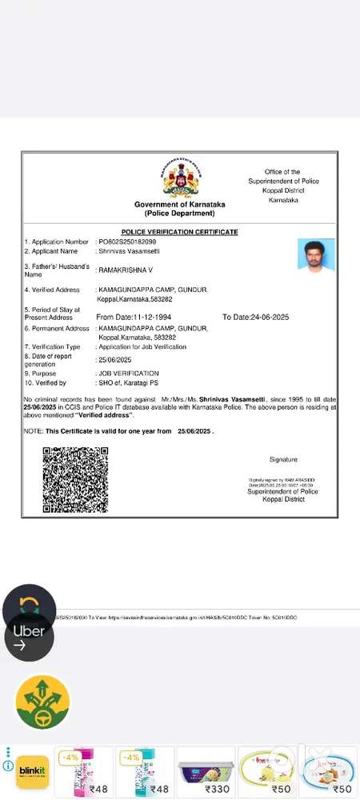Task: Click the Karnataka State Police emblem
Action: [x=180, y=180]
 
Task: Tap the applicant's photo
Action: [x=315, y=255]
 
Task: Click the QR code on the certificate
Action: [x=74, y=480]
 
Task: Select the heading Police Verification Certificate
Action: [x=180, y=232]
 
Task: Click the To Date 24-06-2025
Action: [x=256, y=318]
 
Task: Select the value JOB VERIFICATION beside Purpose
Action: [x=129, y=374]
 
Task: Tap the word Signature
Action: [x=283, y=460]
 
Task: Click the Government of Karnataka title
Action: [x=180, y=205]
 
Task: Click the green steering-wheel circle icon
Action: [x=42, y=702]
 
